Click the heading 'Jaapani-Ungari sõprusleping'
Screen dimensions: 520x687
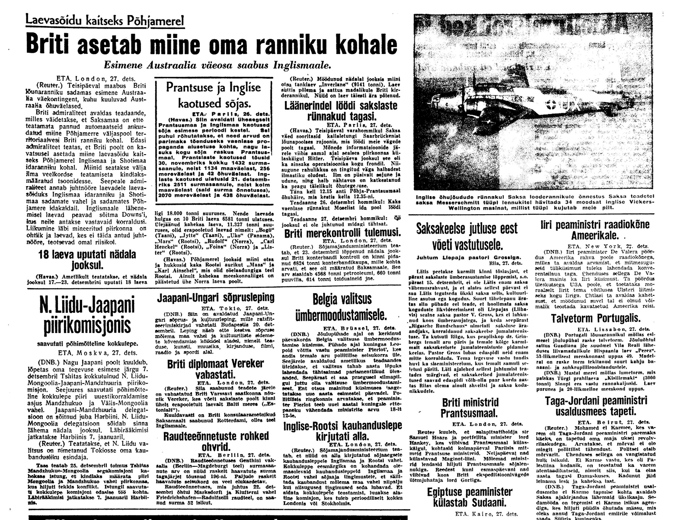click(x=216, y=298)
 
